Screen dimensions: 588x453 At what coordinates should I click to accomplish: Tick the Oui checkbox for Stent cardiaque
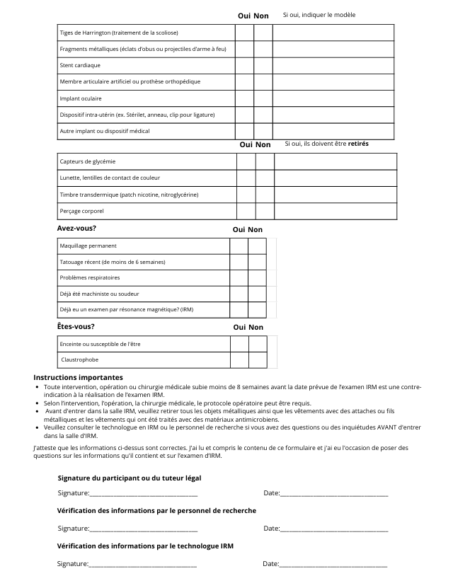point(244,65)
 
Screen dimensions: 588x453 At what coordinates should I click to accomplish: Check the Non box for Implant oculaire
point(263,98)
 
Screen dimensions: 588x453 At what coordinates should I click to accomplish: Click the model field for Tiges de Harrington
point(333,33)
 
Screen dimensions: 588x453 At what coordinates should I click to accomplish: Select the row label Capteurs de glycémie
point(88,161)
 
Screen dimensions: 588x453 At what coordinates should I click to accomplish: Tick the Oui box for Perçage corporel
point(246,212)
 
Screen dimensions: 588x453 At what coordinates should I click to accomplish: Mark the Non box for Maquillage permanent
point(257,246)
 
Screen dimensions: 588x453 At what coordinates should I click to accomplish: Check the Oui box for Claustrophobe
point(239,360)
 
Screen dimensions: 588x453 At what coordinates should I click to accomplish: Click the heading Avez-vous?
point(76,229)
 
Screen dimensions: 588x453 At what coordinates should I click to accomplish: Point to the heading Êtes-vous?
point(76,326)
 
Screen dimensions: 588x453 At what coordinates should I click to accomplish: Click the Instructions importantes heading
point(78,378)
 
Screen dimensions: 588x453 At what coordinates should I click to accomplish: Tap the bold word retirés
point(358,144)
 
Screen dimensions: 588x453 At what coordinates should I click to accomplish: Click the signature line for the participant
point(143,493)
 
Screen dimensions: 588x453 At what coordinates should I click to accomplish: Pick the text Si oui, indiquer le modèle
point(319,15)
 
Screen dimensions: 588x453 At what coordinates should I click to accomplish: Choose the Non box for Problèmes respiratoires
point(257,278)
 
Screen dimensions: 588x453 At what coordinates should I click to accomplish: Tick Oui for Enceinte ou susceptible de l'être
point(239,344)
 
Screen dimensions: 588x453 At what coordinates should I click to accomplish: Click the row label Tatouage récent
point(113,262)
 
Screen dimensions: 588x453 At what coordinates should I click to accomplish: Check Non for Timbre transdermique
point(265,195)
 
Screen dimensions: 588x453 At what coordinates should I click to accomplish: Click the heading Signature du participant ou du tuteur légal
point(130,478)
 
